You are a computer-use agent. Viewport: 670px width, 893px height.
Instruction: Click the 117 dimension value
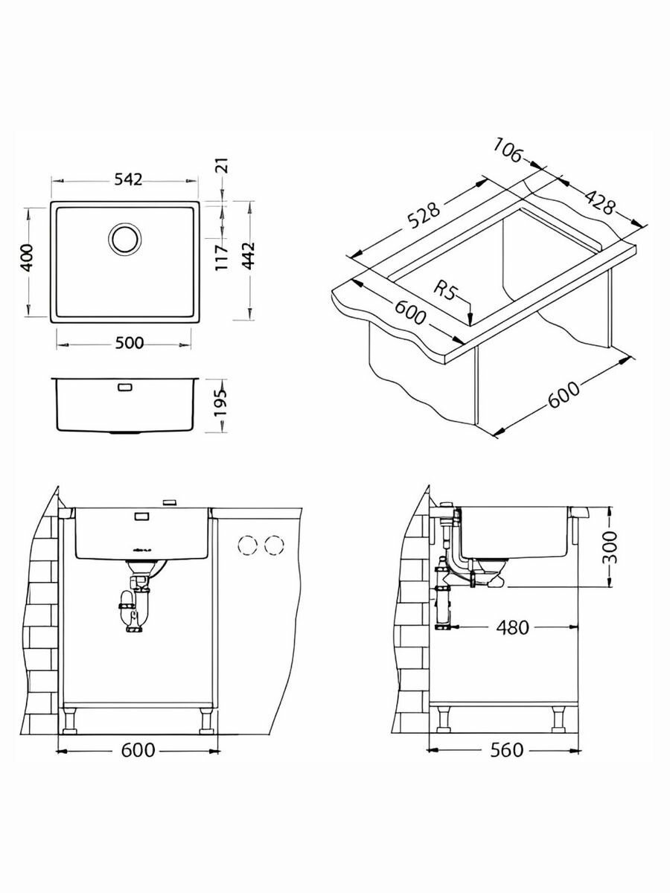[x=221, y=257]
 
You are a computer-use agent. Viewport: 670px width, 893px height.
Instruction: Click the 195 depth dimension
[x=220, y=405]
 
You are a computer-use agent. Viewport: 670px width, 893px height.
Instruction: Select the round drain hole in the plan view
[x=124, y=238]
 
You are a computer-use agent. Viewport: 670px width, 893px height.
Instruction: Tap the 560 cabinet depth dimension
[x=505, y=750]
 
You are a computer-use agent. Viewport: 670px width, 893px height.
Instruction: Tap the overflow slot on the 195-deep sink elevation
[x=124, y=387]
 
